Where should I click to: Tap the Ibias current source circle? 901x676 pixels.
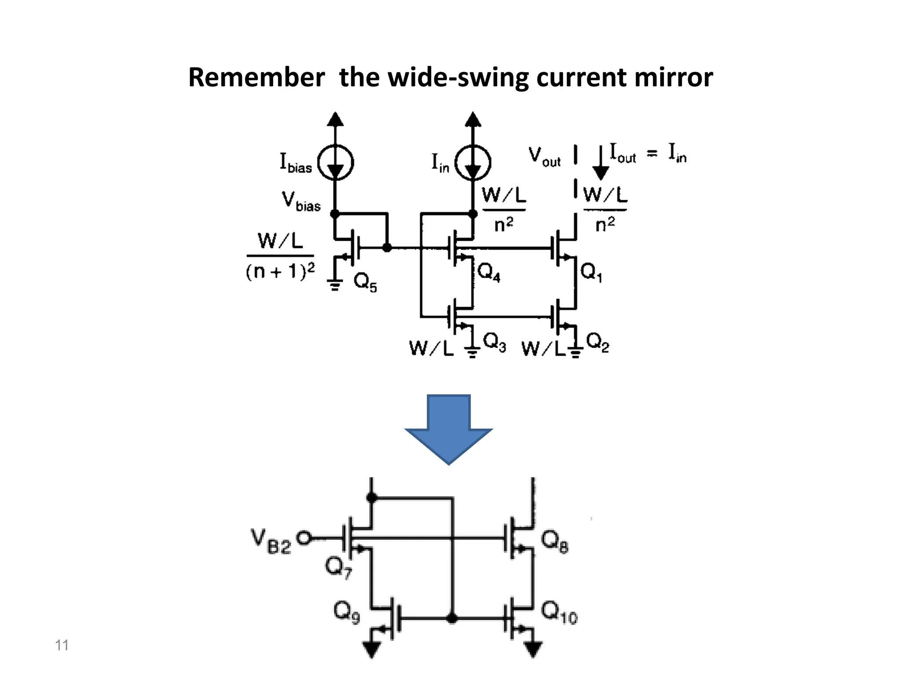(x=336, y=163)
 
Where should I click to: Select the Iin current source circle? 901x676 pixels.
(x=472, y=163)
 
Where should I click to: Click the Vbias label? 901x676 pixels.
(x=301, y=202)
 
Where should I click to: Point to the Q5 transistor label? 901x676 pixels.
(x=365, y=282)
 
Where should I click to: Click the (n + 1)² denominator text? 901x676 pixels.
(x=280, y=271)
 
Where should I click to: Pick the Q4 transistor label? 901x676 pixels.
(x=489, y=272)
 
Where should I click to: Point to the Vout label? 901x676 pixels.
(x=544, y=157)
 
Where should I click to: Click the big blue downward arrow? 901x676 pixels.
(x=448, y=429)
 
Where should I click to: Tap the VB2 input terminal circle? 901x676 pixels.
(x=304, y=538)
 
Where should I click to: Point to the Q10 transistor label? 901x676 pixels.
(x=559, y=612)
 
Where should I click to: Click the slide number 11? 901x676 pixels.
(x=62, y=645)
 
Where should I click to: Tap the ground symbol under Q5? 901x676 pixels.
(x=335, y=286)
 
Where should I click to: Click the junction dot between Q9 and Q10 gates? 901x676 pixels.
(x=451, y=618)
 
